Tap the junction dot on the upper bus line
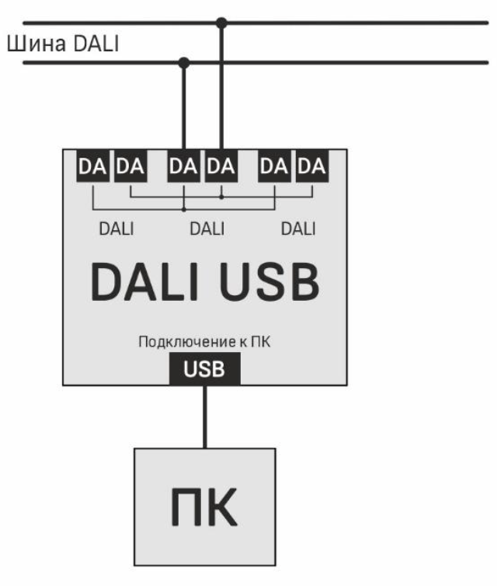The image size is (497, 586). tap(222, 23)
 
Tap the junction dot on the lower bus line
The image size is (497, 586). tap(184, 61)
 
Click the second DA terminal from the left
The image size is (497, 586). tap(130, 168)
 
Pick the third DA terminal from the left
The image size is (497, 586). tap(184, 168)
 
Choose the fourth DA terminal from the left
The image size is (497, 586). tap(221, 168)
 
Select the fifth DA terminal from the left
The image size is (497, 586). tap(275, 168)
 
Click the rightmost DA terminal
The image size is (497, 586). tap(312, 168)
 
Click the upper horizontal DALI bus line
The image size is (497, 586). tap(349, 23)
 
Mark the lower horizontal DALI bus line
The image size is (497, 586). tap(349, 61)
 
